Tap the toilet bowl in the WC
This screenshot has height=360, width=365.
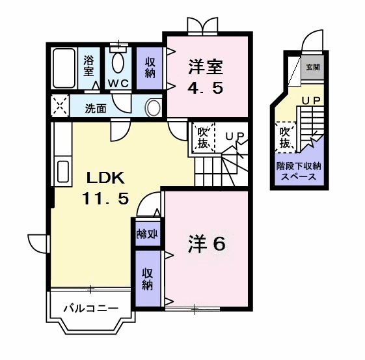119,63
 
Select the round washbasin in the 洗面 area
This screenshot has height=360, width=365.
154,107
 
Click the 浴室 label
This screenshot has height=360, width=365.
90,66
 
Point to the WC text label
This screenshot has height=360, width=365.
118,84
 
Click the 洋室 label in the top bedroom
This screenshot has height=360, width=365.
206,66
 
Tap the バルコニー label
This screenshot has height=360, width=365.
90,309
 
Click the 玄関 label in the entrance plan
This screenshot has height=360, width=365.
313,66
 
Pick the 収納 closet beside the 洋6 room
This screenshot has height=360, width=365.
148,278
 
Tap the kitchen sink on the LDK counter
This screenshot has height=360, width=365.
63,171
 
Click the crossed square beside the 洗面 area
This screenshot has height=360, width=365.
60,106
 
